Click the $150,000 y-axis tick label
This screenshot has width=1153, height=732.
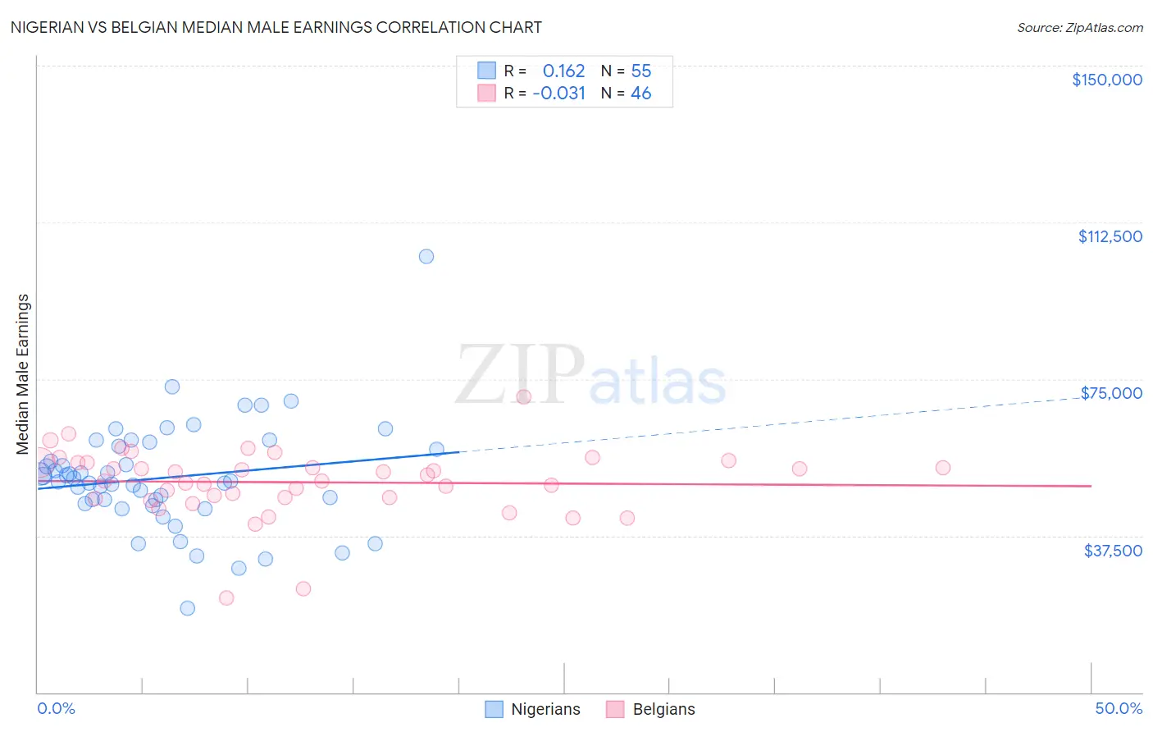click(x=1106, y=80)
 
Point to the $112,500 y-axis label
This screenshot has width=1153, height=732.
click(x=1110, y=236)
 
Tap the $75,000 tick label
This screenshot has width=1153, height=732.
click(x=1111, y=393)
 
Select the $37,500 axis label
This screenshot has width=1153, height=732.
click(x=1112, y=551)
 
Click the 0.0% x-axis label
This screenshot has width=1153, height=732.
click(x=56, y=708)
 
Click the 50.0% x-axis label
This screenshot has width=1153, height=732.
click(x=1118, y=708)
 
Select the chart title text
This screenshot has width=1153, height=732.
click(x=276, y=27)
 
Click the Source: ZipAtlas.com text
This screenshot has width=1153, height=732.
click(x=1079, y=27)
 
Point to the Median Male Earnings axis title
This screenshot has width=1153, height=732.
click(x=23, y=374)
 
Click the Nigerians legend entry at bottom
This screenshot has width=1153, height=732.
click(x=533, y=709)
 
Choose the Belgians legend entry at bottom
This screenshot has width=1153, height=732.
click(x=651, y=709)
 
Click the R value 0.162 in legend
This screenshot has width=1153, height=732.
click(x=563, y=71)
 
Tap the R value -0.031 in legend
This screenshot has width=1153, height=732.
click(x=558, y=93)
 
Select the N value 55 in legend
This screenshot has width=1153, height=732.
click(x=640, y=71)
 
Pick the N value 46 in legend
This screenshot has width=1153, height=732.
click(x=640, y=93)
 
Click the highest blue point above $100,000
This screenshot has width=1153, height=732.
click(x=426, y=256)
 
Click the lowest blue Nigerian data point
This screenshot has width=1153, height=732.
click(x=187, y=608)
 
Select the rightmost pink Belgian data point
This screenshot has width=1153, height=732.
click(x=942, y=468)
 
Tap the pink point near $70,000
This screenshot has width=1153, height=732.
click(x=523, y=396)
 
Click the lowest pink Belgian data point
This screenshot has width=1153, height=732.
click(x=226, y=597)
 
